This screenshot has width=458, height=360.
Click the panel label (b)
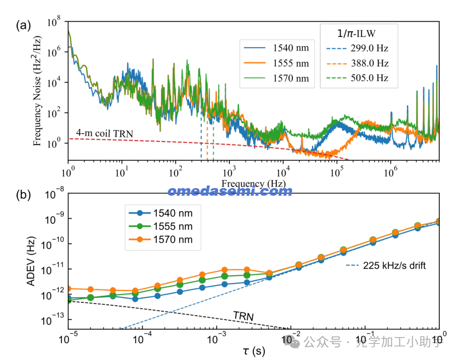23,195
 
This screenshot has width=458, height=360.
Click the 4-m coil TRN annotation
105,134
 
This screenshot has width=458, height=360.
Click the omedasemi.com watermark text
230,191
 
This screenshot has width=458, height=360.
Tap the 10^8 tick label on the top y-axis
55,22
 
